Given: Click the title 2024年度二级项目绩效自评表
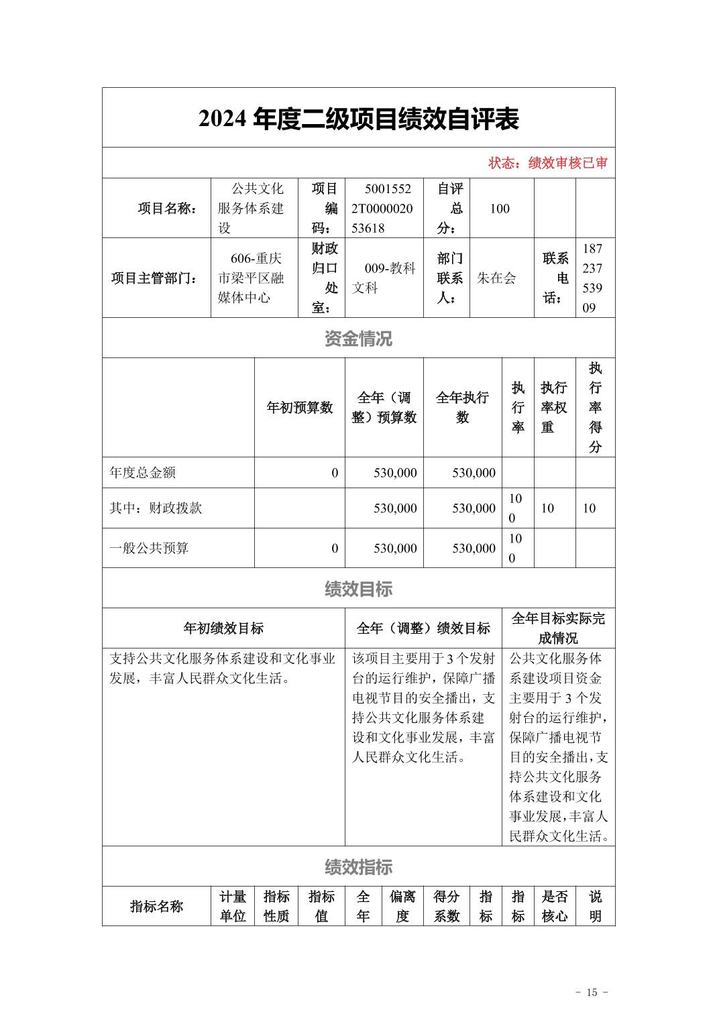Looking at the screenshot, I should coord(358,119).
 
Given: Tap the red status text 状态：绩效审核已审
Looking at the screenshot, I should coord(548,163).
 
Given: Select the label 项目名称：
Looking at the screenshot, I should coord(168,209).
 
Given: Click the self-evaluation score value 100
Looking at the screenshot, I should coord(500,209).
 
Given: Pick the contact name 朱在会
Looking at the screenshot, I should coord(496,278).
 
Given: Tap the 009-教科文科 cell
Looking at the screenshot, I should coord(384,278).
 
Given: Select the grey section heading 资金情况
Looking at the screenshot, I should coord(358,339).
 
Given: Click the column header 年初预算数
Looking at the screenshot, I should coord(299,408).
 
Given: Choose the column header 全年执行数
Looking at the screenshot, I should coord(462,408).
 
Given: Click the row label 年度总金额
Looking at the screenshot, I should coord(143,473).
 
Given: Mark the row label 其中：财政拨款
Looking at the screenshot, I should coord(156,508).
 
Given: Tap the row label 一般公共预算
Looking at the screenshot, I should coord(149,549).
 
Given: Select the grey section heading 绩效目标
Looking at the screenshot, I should coord(358,589).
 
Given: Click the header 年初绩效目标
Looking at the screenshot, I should coord(223,628).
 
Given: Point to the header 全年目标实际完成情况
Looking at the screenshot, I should coord(558,628).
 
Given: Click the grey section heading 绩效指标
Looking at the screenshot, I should coord(358,867).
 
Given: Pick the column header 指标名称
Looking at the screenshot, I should coord(156,907).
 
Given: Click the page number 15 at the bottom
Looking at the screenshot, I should coord(592,993).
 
